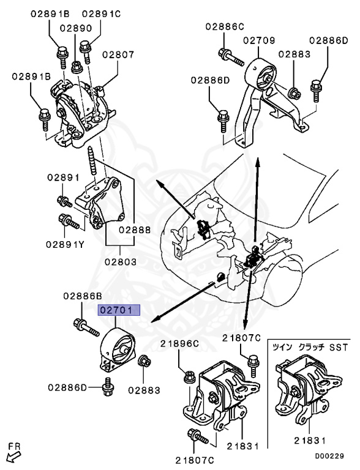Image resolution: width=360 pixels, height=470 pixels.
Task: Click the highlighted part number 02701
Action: pyautogui.click(x=120, y=311)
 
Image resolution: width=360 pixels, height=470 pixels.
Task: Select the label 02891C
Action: pyautogui.click(x=101, y=13)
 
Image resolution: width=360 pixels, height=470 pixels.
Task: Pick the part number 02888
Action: pyautogui.click(x=135, y=230)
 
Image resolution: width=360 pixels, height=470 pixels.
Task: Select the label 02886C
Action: pyautogui.click(x=224, y=26)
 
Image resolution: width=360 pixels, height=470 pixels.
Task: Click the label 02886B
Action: pyautogui.click(x=81, y=296)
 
